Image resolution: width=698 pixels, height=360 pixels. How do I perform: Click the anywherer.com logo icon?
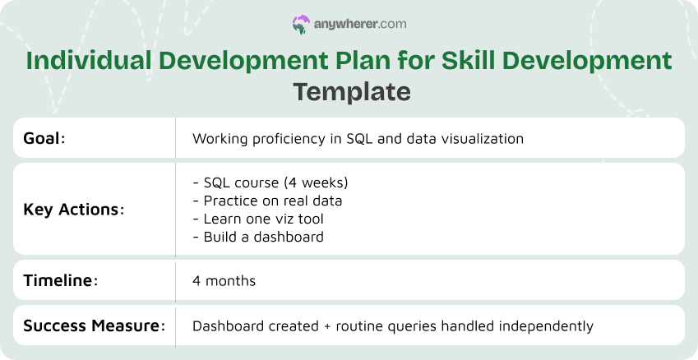point(301,25)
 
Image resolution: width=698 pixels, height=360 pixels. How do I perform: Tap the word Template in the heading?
point(352,91)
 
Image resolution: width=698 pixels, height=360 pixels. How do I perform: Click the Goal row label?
point(44,138)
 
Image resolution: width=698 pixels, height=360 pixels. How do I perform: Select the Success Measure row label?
point(93,325)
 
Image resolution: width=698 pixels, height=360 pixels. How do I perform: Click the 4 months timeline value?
point(224,281)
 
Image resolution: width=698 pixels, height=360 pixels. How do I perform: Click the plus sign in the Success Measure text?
point(328,326)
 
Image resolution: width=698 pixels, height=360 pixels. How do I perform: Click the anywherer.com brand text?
point(360,25)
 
